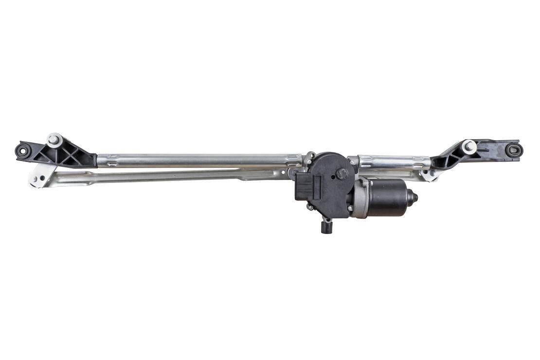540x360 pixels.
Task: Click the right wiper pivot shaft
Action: click(469, 145)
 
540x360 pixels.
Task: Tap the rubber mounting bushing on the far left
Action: click(22, 151)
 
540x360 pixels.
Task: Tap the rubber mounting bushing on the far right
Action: click(513, 150)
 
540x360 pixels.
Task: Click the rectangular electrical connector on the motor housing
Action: click(306, 187)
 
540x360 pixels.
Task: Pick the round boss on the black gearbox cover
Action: click(341, 174)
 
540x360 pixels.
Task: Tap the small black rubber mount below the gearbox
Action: click(326, 226)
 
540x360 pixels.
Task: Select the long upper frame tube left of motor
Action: click(195, 160)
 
